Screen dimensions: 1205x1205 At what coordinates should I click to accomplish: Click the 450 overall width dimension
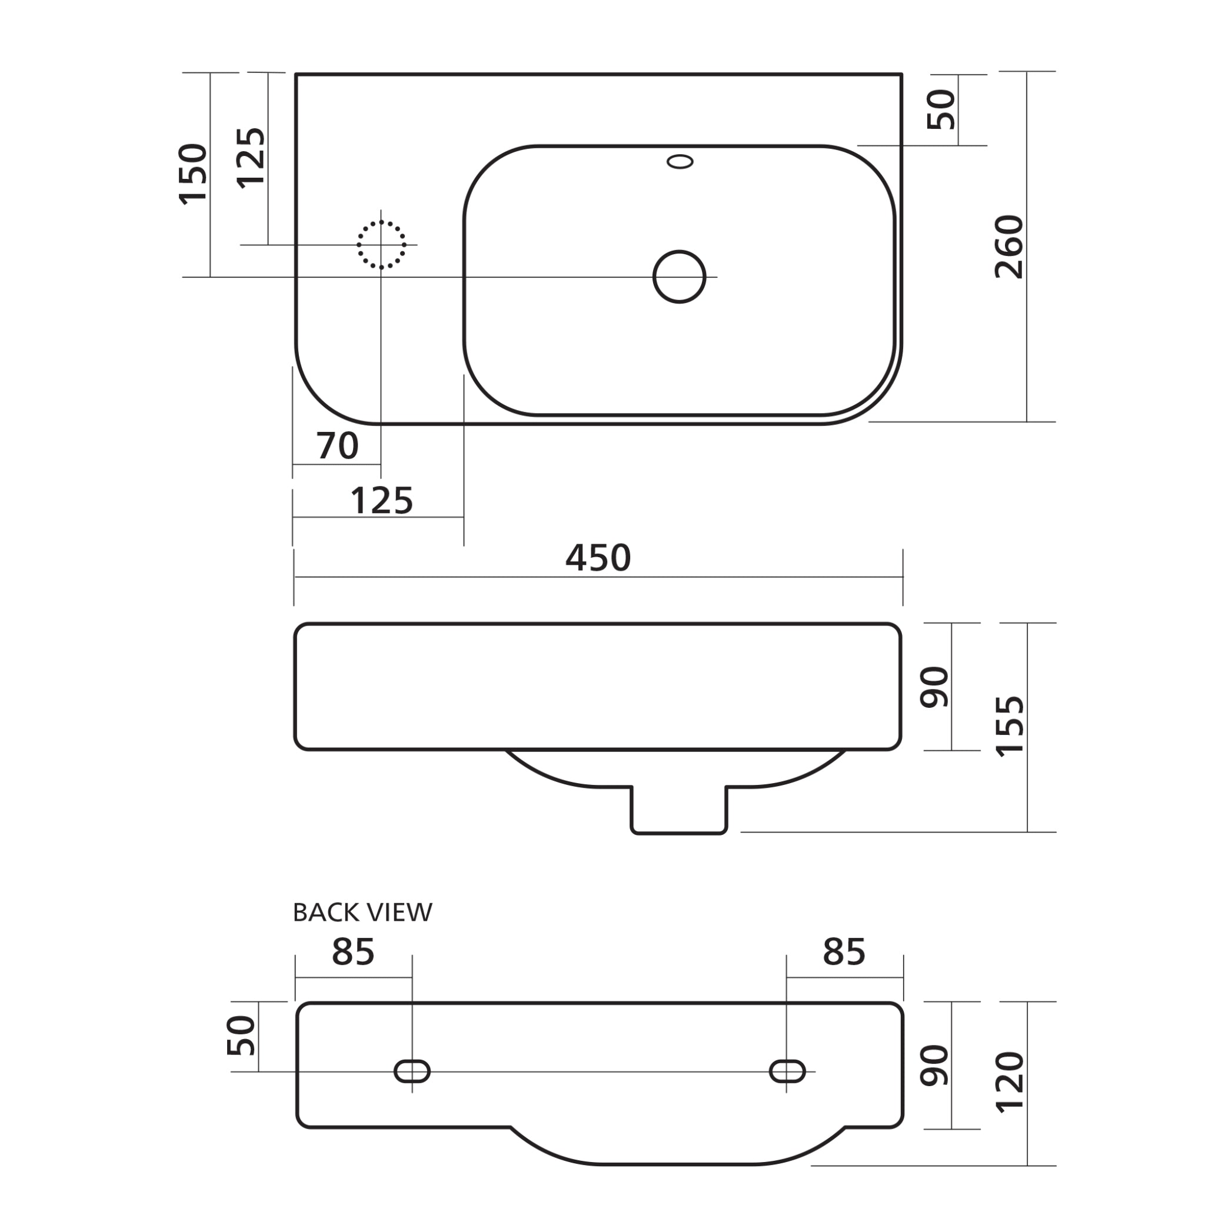(x=598, y=558)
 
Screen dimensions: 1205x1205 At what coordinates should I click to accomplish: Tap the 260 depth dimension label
(x=1009, y=247)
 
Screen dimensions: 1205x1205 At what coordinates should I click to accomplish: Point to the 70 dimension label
(x=337, y=446)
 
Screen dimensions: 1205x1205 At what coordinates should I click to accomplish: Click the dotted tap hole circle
(x=381, y=245)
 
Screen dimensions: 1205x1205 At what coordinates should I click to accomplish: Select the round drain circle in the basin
(x=678, y=277)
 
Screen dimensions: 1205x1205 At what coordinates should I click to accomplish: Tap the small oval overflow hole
(x=680, y=162)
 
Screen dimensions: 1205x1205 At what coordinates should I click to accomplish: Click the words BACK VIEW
(x=362, y=913)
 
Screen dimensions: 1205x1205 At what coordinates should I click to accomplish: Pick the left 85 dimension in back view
(x=353, y=952)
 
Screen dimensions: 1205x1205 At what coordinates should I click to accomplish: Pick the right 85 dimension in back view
(x=844, y=952)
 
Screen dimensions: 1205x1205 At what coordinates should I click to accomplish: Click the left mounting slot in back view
(x=412, y=1071)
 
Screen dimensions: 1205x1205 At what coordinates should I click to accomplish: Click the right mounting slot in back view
(x=787, y=1071)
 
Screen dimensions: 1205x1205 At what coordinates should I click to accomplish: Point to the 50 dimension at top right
(x=941, y=110)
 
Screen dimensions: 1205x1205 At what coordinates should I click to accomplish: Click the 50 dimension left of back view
(x=241, y=1036)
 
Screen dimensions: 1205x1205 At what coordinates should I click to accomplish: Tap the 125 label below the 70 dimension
(x=382, y=501)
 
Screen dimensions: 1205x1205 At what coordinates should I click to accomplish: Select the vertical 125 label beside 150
(x=251, y=158)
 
